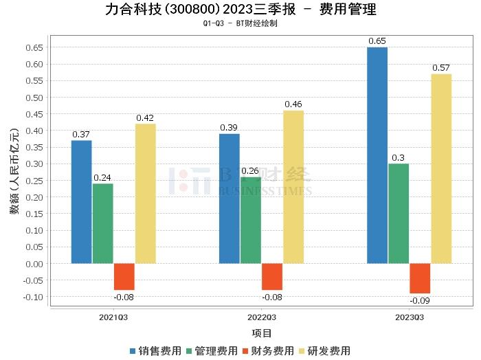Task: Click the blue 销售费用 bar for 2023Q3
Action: tap(377, 155)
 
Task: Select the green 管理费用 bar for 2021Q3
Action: tap(103, 223)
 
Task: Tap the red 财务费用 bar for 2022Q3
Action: tap(272, 276)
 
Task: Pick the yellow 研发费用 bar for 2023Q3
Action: tap(441, 168)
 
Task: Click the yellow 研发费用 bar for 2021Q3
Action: tap(146, 193)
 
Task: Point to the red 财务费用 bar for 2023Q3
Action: tap(420, 278)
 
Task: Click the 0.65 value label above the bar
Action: tap(377, 41)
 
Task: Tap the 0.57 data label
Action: tap(441, 68)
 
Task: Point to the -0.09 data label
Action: tap(420, 301)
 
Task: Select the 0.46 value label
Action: tap(293, 104)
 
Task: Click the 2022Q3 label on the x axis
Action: tap(262, 317)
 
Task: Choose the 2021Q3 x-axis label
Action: tap(114, 317)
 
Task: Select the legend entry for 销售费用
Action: tap(155, 350)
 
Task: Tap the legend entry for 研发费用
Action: tap(324, 350)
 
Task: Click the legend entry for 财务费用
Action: tap(267, 350)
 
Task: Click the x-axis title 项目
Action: tap(262, 333)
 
